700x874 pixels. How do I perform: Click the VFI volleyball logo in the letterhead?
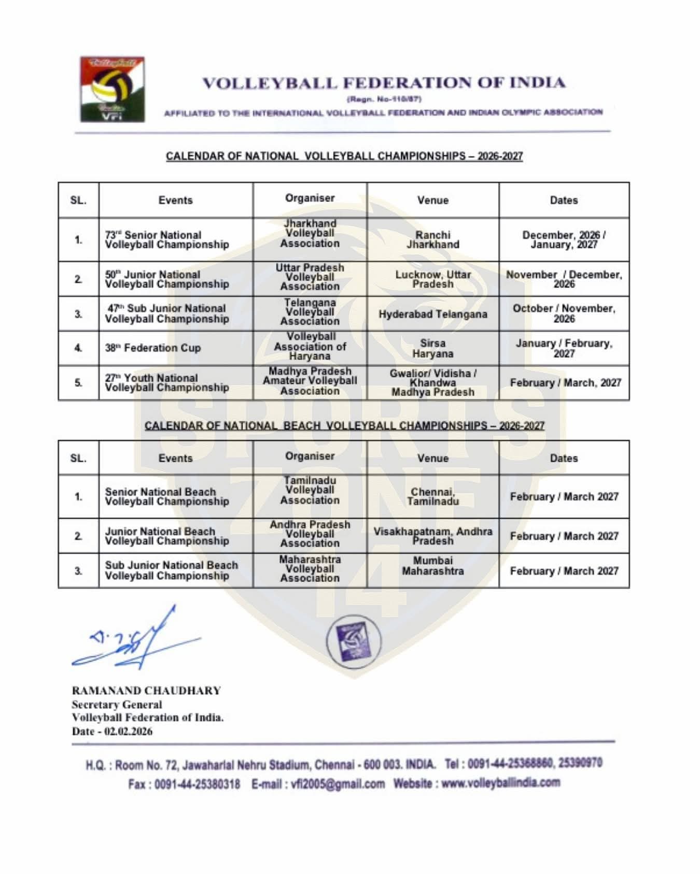coord(112,89)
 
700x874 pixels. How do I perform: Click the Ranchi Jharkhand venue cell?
coord(433,240)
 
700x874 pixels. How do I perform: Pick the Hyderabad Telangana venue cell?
coord(433,314)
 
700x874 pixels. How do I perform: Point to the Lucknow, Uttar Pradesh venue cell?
coord(433,279)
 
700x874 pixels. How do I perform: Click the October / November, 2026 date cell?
coord(564,313)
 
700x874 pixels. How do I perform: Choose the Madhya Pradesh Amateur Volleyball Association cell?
coord(310,381)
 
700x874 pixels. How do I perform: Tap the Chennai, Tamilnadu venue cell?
coord(433,496)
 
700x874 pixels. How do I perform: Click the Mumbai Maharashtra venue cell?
coord(433,566)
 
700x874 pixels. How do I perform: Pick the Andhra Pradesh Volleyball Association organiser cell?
coord(310,534)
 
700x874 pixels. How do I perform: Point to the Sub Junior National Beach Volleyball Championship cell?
coord(171,570)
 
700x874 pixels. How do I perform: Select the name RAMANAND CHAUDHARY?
coord(146,691)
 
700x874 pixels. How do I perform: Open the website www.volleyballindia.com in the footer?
coord(500,783)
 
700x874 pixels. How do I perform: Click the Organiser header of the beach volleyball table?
coord(310,456)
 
